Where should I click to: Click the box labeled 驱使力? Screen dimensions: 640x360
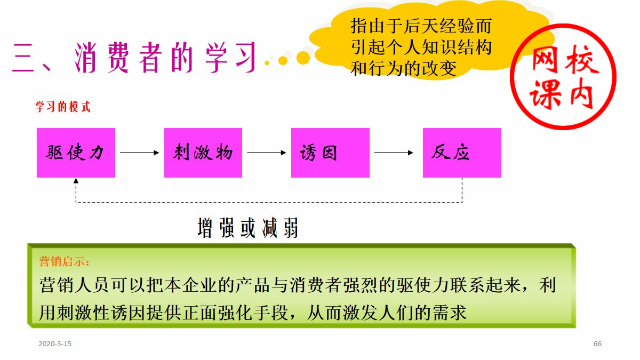(76, 153)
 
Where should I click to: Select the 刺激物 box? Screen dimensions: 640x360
(203, 153)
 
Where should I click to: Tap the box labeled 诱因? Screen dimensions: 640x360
(330, 153)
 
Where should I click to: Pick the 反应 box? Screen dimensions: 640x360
(462, 153)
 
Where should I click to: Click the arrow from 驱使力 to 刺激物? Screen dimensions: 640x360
(139, 153)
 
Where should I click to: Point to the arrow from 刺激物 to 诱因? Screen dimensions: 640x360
(266, 153)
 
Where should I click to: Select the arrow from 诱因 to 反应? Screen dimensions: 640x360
(394, 153)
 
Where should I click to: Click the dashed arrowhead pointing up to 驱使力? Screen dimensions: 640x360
(76, 181)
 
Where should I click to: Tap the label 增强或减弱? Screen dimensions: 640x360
(248, 228)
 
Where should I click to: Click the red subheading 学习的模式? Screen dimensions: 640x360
(63, 107)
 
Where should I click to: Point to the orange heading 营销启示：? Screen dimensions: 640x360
(65, 262)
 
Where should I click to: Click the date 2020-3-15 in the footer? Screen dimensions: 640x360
(55, 344)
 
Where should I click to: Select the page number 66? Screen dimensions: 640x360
(597, 344)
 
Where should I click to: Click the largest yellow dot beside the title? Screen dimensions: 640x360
(303, 57)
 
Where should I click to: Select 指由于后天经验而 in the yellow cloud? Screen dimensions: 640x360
(421, 26)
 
